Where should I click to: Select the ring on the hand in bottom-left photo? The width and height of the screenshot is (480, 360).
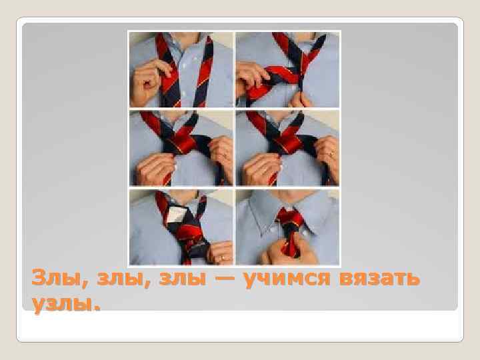pyautogui.click(x=223, y=257)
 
